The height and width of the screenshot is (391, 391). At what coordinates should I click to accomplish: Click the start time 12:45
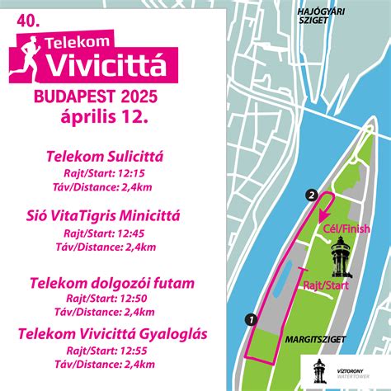pos(131,233)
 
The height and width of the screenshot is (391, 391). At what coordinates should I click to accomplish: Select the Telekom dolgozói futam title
pos(112,284)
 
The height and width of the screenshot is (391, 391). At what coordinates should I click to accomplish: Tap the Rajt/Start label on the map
pos(323,285)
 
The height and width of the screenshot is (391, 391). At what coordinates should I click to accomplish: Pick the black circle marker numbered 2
pos(311,195)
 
